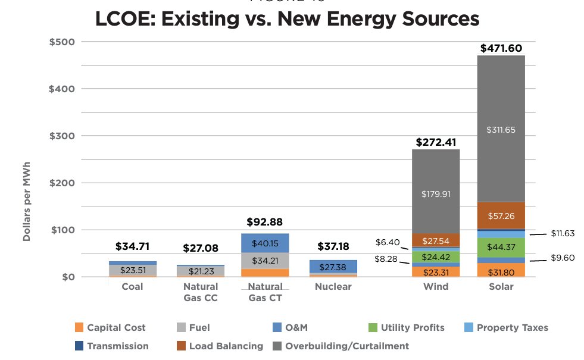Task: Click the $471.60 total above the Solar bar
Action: pos(501,48)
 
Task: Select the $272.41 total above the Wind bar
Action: pos(436,142)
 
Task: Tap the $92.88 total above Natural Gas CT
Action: pos(266,223)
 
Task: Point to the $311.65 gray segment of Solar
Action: pos(501,130)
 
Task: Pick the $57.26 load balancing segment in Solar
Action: pos(501,216)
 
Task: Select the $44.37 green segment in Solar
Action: pos(501,247)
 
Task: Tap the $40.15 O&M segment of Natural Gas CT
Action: pos(266,243)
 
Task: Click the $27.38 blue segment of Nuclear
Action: pos(333,267)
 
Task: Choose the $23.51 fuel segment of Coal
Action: pos(133,270)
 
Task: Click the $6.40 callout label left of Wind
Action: pos(387,242)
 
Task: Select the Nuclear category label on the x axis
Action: pos(333,287)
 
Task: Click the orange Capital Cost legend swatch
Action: pos(79,327)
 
